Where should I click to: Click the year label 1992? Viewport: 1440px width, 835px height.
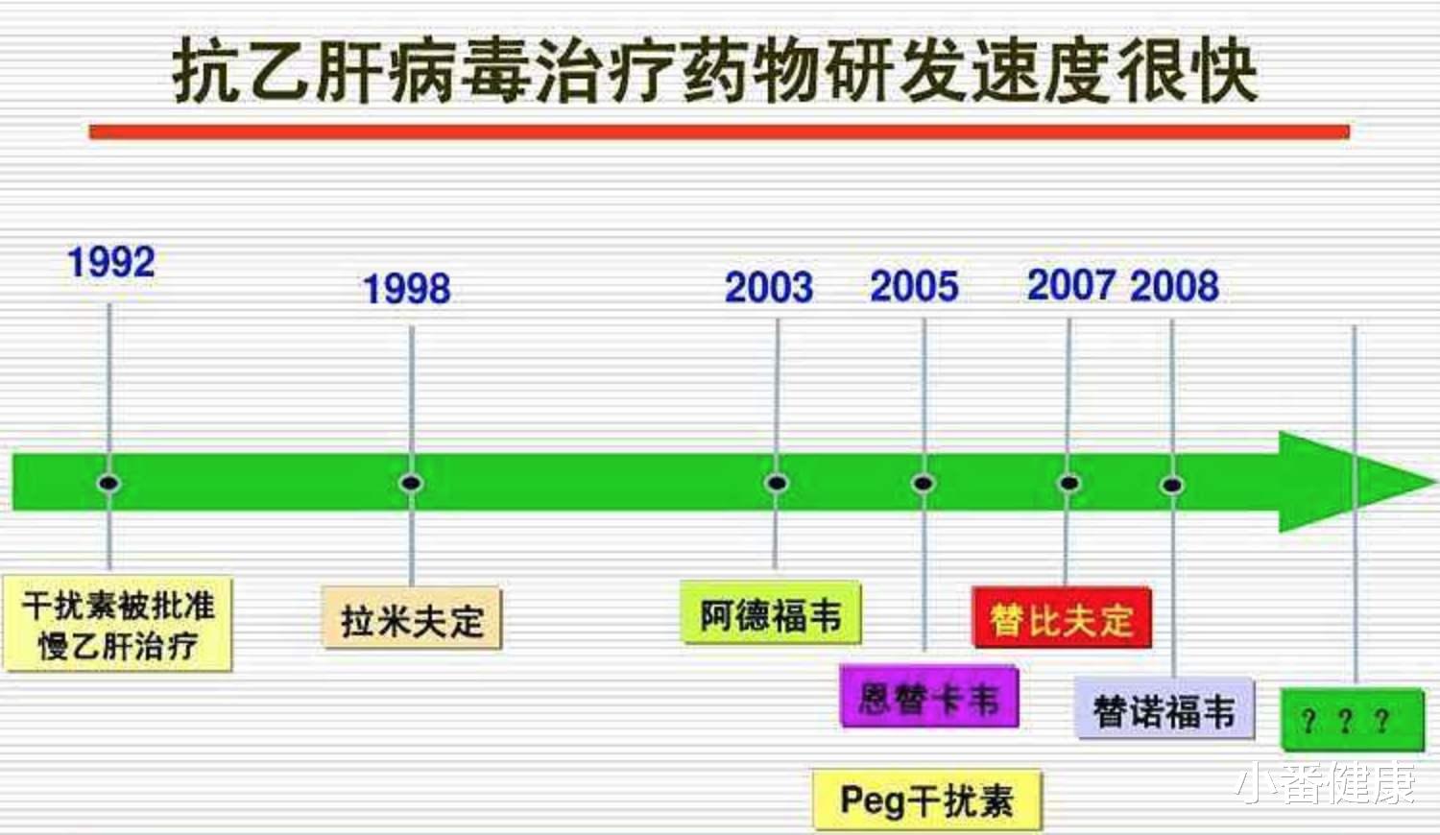(111, 262)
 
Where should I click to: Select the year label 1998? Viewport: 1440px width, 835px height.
(406, 289)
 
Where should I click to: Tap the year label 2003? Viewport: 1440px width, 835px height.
(768, 287)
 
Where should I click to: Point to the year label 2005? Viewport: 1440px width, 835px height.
(914, 286)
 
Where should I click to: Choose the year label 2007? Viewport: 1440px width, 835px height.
(1070, 284)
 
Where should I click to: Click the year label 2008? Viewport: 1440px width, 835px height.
(1174, 285)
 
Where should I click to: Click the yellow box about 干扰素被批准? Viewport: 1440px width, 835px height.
(118, 624)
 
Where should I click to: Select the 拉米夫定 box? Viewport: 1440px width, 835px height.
(413, 620)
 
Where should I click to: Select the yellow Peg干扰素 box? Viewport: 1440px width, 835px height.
(927, 799)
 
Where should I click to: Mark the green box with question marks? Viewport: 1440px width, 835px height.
(1353, 720)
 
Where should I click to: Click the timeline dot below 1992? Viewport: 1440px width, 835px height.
(108, 482)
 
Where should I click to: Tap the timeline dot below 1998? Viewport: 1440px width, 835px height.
(411, 482)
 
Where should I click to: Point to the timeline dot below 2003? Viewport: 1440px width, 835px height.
(777, 482)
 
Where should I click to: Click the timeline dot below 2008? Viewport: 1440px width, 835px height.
(1171, 485)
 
